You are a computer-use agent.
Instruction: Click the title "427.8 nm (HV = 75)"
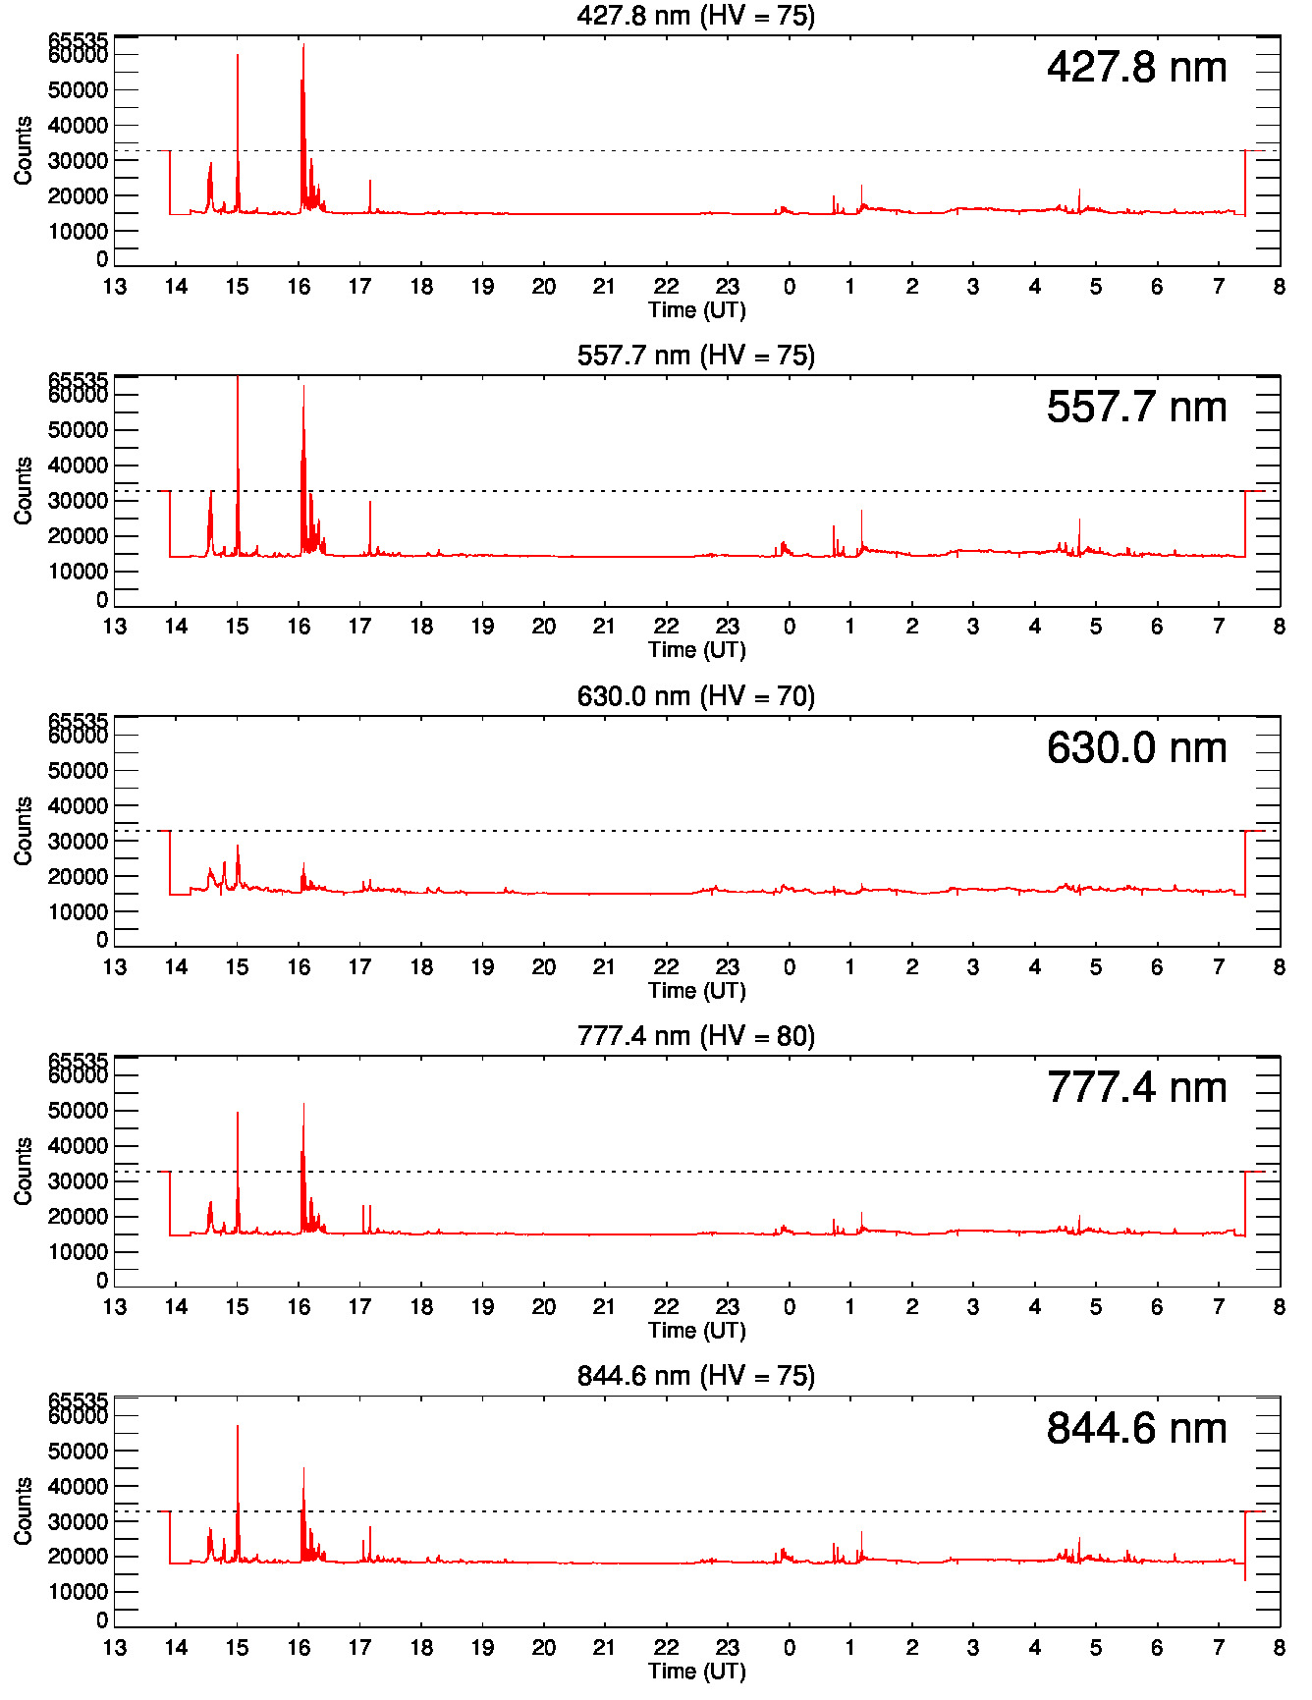tap(695, 16)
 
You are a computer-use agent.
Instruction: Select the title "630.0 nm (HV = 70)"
tap(695, 696)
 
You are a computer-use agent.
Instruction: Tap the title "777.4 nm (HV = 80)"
tap(695, 1036)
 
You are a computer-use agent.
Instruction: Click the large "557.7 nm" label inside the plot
tap(1136, 408)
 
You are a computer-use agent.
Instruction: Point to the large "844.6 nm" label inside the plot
tap(1136, 1428)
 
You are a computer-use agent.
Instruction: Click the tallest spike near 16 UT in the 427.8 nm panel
tap(303, 47)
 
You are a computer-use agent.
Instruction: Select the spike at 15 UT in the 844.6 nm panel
tap(238, 1428)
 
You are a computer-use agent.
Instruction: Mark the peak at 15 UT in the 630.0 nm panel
tap(238, 848)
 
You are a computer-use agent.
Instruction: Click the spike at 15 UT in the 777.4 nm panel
tap(238, 1115)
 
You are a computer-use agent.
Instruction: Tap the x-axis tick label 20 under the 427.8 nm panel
tap(544, 287)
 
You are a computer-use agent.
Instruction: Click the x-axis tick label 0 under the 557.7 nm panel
tap(790, 627)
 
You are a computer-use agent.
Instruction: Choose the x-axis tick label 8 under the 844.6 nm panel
tap(1279, 1648)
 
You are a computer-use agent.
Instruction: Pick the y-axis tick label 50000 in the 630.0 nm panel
tap(79, 771)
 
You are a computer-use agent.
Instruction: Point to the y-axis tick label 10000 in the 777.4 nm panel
tap(79, 1252)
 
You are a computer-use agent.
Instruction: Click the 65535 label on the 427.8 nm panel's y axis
tap(79, 40)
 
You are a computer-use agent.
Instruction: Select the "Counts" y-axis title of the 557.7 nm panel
tap(24, 490)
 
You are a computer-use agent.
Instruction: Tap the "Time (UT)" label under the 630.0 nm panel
tap(696, 990)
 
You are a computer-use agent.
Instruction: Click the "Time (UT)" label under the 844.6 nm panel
tap(696, 1671)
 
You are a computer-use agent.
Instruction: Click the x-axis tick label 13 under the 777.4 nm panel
tap(115, 1307)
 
